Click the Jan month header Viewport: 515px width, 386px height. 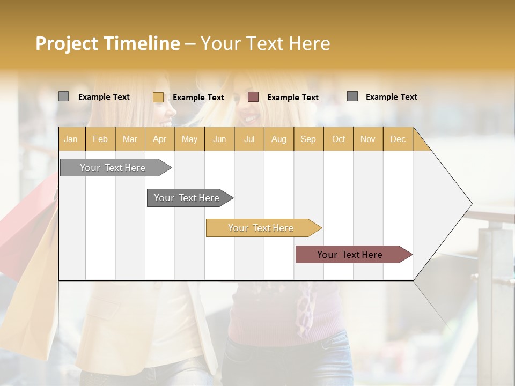[x=71, y=139]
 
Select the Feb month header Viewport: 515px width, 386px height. [x=100, y=139]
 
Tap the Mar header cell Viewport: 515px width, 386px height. [x=130, y=139]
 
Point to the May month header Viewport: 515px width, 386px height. [x=189, y=139]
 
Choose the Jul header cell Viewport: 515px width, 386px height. [x=249, y=139]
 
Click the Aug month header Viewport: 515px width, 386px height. [x=278, y=139]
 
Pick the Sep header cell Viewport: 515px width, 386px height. [x=308, y=139]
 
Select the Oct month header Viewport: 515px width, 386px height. [x=339, y=139]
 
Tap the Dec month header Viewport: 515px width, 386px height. [x=398, y=139]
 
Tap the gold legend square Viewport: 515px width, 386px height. [x=158, y=97]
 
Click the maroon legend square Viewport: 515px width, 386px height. [x=253, y=96]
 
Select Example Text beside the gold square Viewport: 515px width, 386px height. [x=198, y=98]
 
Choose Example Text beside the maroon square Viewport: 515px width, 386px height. [x=292, y=98]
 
